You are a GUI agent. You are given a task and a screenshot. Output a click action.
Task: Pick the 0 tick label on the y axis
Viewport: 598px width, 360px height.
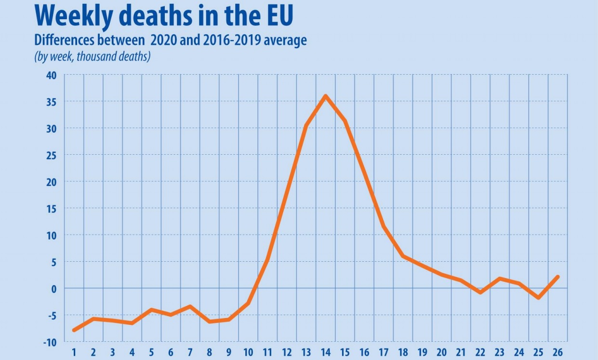coord(54,289)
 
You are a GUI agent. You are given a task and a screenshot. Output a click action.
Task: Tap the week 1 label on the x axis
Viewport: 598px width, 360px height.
coord(74,351)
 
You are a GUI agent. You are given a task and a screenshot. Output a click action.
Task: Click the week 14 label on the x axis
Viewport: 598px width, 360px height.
coord(326,351)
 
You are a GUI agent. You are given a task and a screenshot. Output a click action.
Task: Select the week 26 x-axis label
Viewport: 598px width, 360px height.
coord(558,351)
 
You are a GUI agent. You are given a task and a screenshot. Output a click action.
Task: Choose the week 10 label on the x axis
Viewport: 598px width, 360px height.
coord(248,351)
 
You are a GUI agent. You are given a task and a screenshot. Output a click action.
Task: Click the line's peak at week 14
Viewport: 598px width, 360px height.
coord(326,96)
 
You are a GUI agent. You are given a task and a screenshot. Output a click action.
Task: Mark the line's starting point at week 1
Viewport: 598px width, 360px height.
coord(74,330)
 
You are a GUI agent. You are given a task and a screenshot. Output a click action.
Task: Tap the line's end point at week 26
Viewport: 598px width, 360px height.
coord(558,277)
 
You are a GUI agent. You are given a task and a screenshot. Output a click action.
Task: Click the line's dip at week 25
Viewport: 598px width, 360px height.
coord(538,298)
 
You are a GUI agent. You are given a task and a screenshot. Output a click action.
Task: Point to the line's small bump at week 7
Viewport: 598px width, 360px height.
coord(190,307)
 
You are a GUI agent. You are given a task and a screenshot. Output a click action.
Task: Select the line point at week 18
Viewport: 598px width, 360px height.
coord(403,256)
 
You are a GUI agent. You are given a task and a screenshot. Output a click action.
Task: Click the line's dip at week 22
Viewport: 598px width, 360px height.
coord(480,292)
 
